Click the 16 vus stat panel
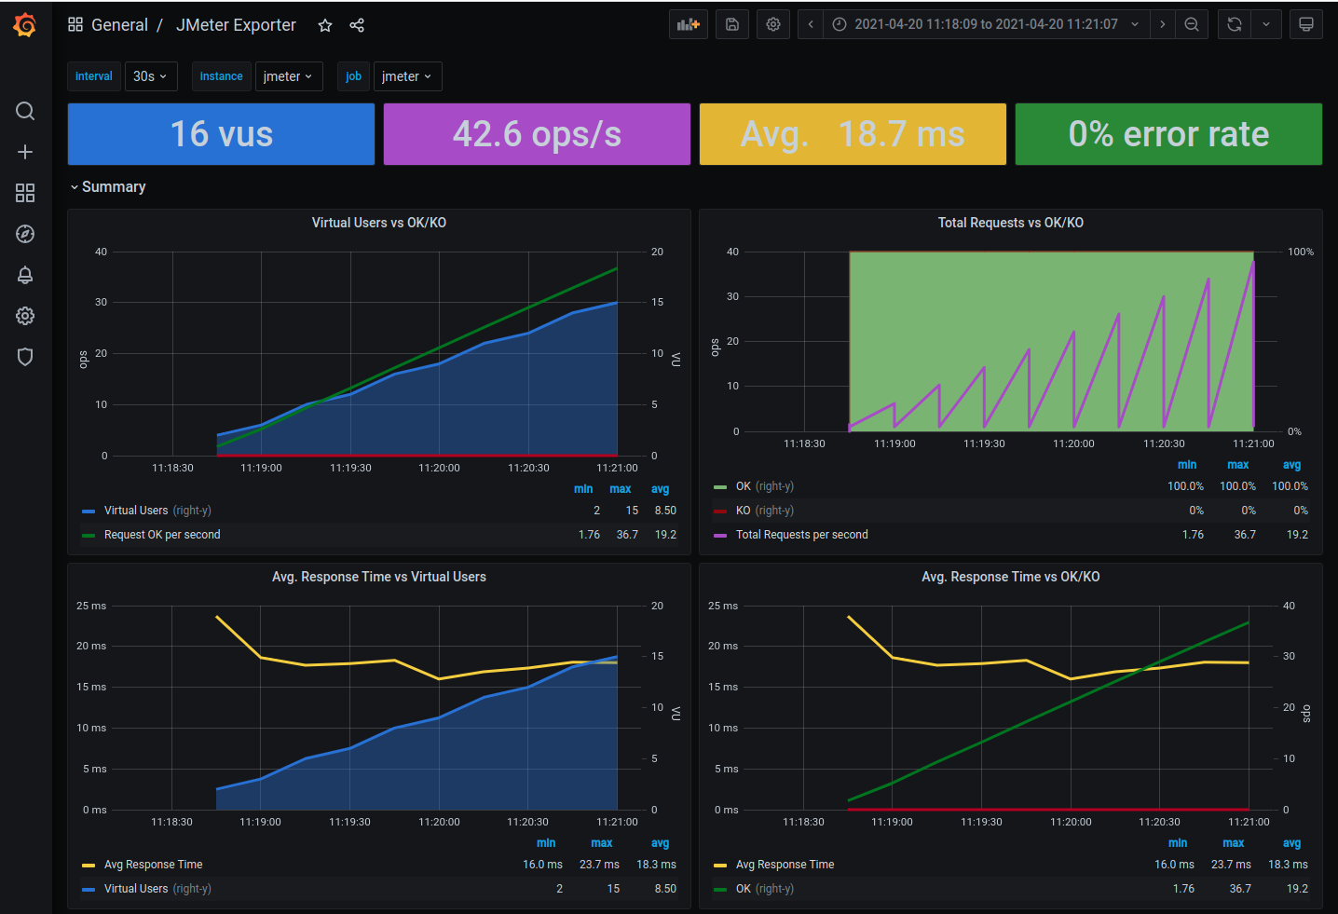click(x=221, y=134)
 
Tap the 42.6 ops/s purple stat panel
click(x=537, y=134)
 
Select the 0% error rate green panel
click(x=1168, y=134)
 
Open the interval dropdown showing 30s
click(x=149, y=76)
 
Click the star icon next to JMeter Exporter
click(x=325, y=25)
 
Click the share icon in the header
click(x=357, y=25)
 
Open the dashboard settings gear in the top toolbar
click(x=773, y=25)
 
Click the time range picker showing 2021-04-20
click(x=986, y=25)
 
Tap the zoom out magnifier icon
click(x=1192, y=25)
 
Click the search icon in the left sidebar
click(x=25, y=111)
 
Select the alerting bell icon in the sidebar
click(x=25, y=275)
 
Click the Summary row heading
click(x=114, y=187)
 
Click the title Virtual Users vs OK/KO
click(x=378, y=223)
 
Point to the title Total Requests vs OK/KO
click(x=1010, y=223)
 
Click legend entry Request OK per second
click(x=162, y=535)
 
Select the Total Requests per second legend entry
click(x=801, y=535)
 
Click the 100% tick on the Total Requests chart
click(x=1300, y=252)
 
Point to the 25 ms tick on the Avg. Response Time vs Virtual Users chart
click(x=91, y=606)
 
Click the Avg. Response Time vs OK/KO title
click(x=1010, y=577)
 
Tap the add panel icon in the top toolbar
click(x=689, y=25)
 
